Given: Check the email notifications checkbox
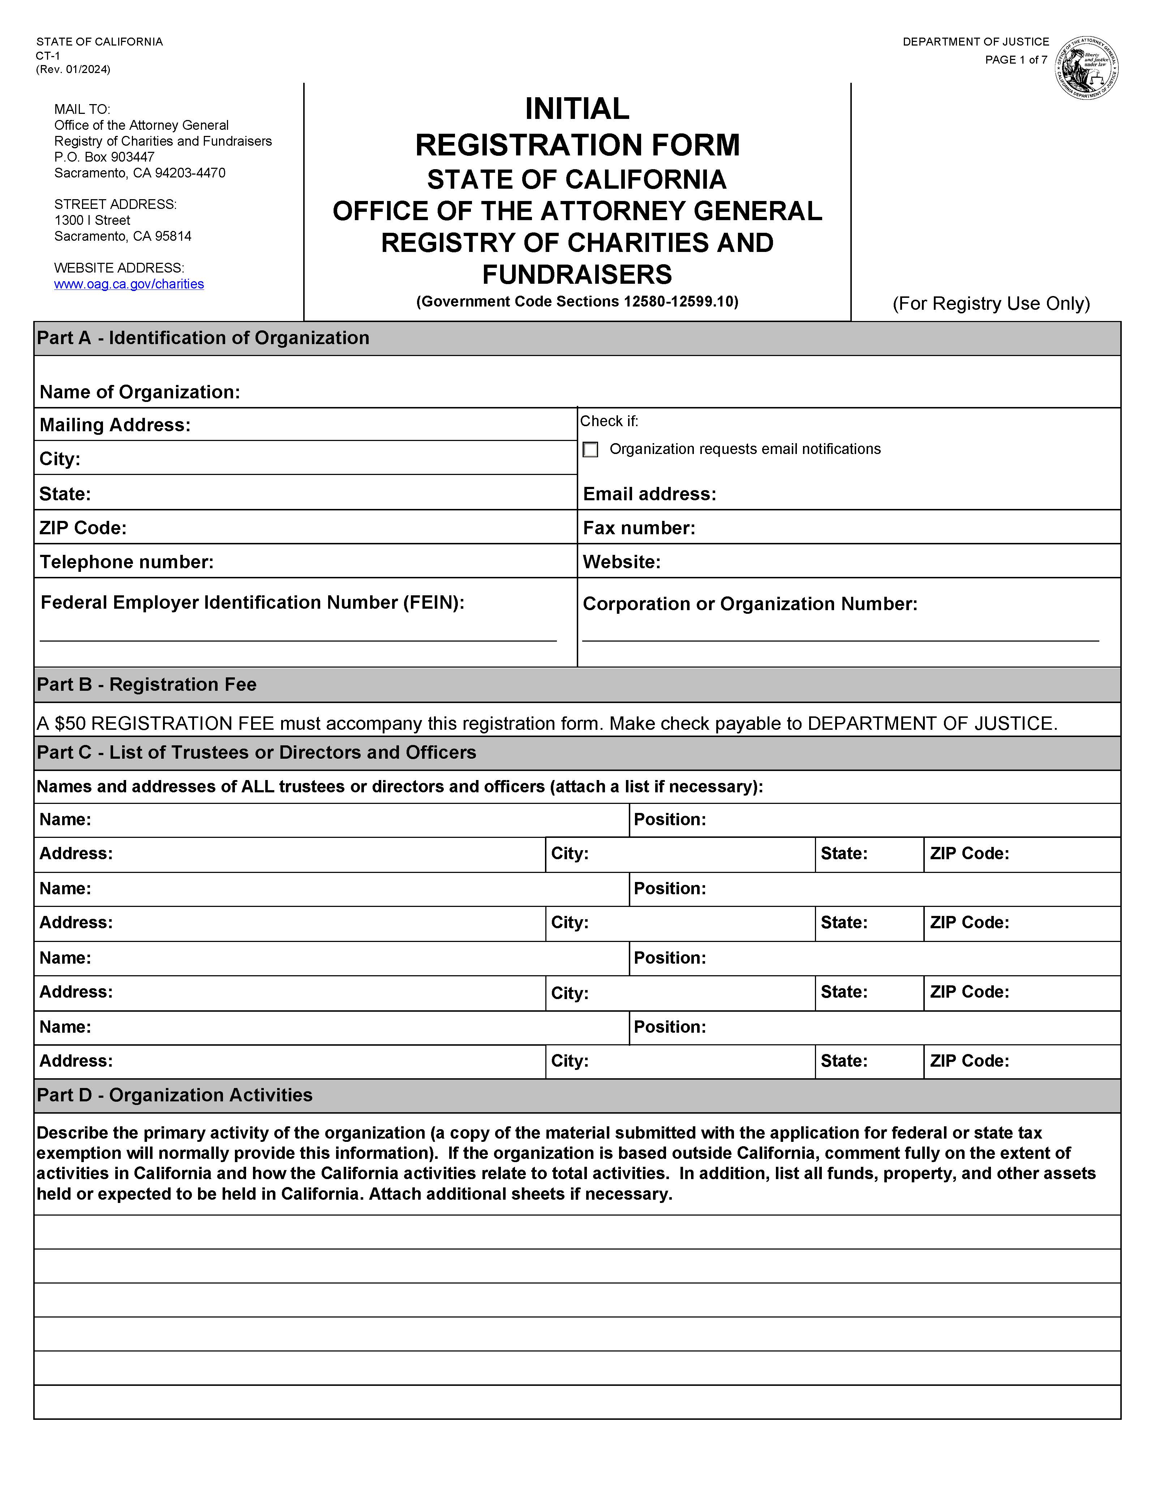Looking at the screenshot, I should tap(590, 450).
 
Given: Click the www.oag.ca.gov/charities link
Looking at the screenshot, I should tap(129, 284).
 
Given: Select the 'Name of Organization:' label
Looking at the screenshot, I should tap(139, 392).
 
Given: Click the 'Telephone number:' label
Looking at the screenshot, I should tap(126, 562).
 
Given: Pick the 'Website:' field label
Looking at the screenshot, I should tap(621, 562).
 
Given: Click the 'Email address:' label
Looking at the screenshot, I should tap(649, 494).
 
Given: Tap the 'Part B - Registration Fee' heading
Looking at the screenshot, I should tap(146, 685).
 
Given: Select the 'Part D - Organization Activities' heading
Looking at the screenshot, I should tap(175, 1095).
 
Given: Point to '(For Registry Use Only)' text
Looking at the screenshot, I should tap(991, 304).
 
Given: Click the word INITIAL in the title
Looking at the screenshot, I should tap(577, 109).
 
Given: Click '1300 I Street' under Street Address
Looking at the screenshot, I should tap(93, 220).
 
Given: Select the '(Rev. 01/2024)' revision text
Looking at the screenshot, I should tap(73, 69).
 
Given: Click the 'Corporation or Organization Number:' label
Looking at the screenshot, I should tap(749, 604).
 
